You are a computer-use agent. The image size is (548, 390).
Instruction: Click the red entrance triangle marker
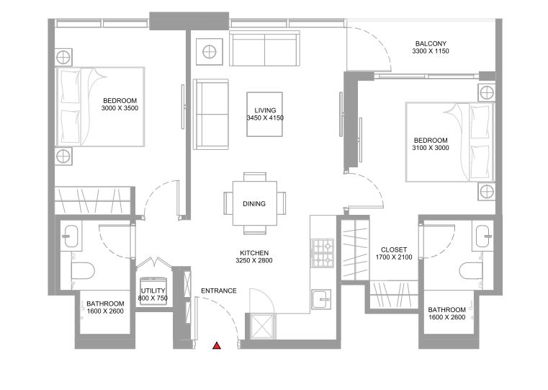click(x=217, y=345)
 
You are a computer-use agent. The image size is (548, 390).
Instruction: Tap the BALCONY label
click(x=431, y=44)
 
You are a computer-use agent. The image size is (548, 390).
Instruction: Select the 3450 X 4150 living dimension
click(x=265, y=118)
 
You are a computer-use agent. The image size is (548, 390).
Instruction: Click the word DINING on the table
click(x=254, y=203)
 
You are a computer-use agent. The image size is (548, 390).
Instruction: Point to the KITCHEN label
click(x=254, y=253)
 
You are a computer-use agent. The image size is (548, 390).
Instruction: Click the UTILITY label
click(x=153, y=291)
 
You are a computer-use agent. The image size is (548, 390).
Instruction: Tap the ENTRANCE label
click(x=219, y=291)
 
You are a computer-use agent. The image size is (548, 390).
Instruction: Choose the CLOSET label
click(x=394, y=249)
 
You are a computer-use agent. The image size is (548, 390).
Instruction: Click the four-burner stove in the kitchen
click(x=322, y=253)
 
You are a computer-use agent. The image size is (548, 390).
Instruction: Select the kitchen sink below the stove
click(x=321, y=299)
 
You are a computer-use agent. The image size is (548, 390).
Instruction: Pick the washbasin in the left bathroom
click(x=71, y=236)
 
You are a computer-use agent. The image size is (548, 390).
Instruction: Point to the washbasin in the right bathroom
click(x=482, y=236)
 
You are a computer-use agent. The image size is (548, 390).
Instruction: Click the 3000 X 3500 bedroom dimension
click(x=120, y=108)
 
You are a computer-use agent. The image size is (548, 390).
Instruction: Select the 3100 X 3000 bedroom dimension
click(x=431, y=148)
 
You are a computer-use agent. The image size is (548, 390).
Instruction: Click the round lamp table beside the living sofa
click(x=210, y=52)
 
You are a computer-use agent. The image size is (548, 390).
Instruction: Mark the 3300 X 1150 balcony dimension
click(x=431, y=51)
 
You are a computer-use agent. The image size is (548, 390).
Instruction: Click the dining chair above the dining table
click(x=255, y=177)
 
